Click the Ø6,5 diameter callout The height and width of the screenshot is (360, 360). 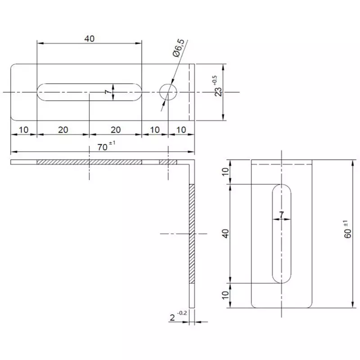178,49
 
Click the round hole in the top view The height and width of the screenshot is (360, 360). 168,92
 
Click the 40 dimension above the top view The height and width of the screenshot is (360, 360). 89,39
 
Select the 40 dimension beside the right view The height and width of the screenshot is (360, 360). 225,233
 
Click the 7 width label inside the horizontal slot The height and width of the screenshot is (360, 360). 108,92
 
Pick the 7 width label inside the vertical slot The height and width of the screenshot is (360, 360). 282,215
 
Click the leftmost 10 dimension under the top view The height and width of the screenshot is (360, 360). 23,130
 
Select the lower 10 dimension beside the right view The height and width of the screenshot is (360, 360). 225,295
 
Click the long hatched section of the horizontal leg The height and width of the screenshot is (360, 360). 89,162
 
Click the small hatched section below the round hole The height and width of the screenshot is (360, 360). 168,162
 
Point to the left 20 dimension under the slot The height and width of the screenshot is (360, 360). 63,130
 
